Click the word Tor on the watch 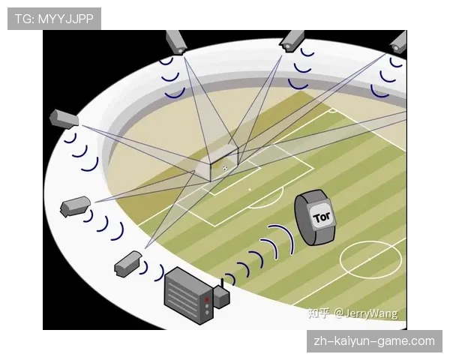(x=322, y=217)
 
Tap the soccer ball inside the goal (x=225, y=168)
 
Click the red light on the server (x=207, y=300)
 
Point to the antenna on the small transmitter (x=222, y=283)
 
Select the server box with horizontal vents (x=188, y=295)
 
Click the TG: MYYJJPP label (x=54, y=19)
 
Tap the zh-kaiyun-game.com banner (x=374, y=341)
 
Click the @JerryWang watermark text (x=366, y=313)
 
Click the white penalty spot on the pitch (x=250, y=190)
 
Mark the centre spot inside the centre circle (x=370, y=259)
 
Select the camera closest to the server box (x=127, y=264)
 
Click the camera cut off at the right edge (x=399, y=43)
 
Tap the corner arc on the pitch (x=333, y=112)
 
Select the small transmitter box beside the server (x=221, y=298)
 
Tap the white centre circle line (x=370, y=241)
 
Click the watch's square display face (x=322, y=217)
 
